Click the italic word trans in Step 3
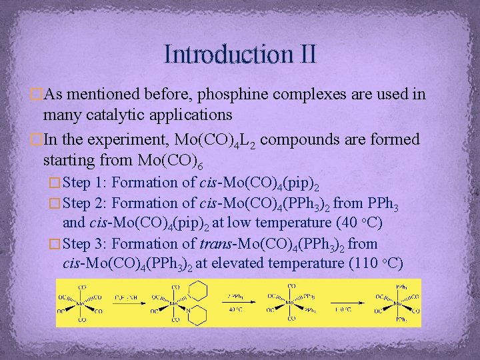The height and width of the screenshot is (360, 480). [x=215, y=244]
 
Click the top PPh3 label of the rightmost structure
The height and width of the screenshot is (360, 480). [x=402, y=286]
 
